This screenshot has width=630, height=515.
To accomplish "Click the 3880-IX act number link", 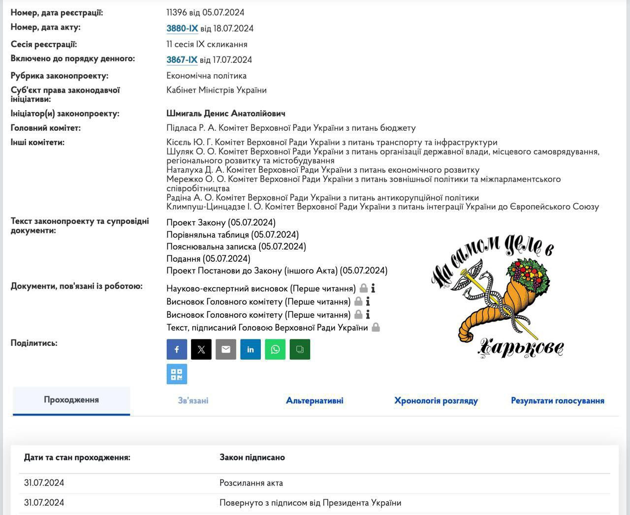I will [182, 29].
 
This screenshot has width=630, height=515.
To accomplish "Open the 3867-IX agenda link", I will [182, 60].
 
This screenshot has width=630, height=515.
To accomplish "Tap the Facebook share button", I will [177, 349].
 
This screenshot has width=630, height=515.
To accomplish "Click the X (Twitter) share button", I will [201, 349].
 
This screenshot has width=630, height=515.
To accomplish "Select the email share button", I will [226, 349].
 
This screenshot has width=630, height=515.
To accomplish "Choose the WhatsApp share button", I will [275, 349].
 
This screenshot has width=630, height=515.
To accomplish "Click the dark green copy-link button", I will [300, 349].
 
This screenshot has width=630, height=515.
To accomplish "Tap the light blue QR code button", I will [177, 374].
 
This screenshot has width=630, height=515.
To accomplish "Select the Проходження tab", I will [71, 400].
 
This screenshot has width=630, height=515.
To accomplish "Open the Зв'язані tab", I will [193, 401].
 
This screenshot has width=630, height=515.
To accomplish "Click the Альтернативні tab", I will [315, 401].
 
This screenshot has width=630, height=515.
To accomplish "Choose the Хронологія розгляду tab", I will [436, 401].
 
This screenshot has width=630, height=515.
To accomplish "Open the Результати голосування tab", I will [558, 401].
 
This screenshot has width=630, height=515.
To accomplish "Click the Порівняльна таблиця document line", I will [232, 235].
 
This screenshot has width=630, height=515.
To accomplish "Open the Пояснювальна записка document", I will [236, 246].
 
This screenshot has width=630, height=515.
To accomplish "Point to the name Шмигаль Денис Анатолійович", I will [226, 114].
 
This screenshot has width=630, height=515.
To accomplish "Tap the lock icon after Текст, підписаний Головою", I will [376, 328].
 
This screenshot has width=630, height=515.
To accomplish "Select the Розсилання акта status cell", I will [251, 483].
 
